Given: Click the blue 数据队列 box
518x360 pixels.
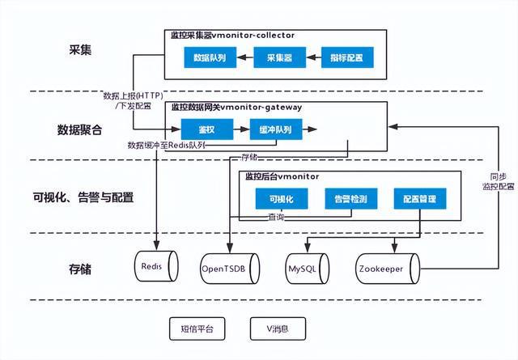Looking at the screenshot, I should [210, 57].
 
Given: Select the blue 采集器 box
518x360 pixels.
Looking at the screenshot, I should [278, 57].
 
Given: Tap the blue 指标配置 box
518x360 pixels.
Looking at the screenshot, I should [347, 57].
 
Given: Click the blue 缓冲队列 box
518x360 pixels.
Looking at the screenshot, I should [276, 129].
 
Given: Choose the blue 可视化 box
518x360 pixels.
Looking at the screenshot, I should [280, 199].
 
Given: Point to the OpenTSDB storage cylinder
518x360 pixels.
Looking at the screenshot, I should [230, 265].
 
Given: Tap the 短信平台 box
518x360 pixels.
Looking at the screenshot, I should [197, 328].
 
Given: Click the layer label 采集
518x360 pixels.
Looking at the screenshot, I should [81, 50].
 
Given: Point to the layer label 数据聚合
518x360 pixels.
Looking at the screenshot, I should [79, 129].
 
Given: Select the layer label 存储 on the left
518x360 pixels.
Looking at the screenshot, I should [80, 269].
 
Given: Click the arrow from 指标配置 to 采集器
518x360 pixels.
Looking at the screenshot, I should [313, 57].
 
